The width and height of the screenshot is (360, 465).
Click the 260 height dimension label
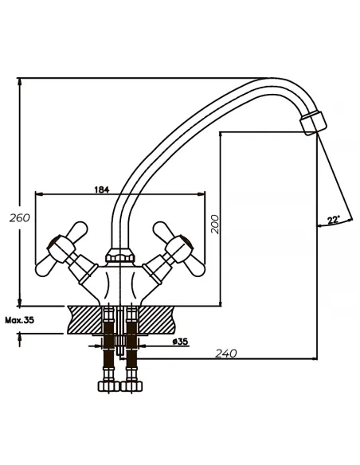coord(20,218)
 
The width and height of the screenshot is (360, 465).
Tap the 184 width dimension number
coord(102,190)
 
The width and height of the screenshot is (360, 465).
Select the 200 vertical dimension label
coord(215,225)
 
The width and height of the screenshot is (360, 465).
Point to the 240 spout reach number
coord(226,354)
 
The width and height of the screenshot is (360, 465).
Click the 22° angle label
coord(334,220)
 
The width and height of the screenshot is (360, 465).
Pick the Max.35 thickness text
coord(20,320)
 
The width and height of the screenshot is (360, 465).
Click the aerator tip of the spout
coord(313,123)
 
